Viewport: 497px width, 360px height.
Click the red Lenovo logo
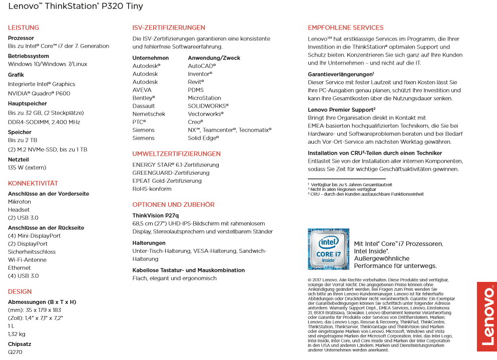pos(486,316)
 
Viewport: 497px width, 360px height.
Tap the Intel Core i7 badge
pos(328,249)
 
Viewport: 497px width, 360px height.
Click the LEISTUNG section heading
pos(24,28)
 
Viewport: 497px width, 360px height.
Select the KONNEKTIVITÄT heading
pos(33,183)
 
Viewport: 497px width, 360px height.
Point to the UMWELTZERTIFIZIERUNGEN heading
pos(176,154)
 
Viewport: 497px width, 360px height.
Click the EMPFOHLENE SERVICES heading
pos(345,28)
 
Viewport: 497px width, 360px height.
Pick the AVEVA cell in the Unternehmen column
pos(142,90)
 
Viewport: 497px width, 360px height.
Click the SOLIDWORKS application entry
pos(208,106)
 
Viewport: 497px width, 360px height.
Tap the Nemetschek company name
pos(149,114)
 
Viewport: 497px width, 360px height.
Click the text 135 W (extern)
pos(28,168)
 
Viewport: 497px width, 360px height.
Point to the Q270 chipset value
pos(15,352)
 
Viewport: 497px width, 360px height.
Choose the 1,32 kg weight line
pos(17,334)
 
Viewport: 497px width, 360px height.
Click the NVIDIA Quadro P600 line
pos(39,93)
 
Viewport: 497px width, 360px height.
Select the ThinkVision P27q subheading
pos(155,215)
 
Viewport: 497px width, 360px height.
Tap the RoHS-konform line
pos(152,189)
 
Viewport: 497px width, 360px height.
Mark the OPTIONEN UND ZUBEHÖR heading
pos(173,205)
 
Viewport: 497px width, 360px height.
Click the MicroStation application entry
pos(204,98)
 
